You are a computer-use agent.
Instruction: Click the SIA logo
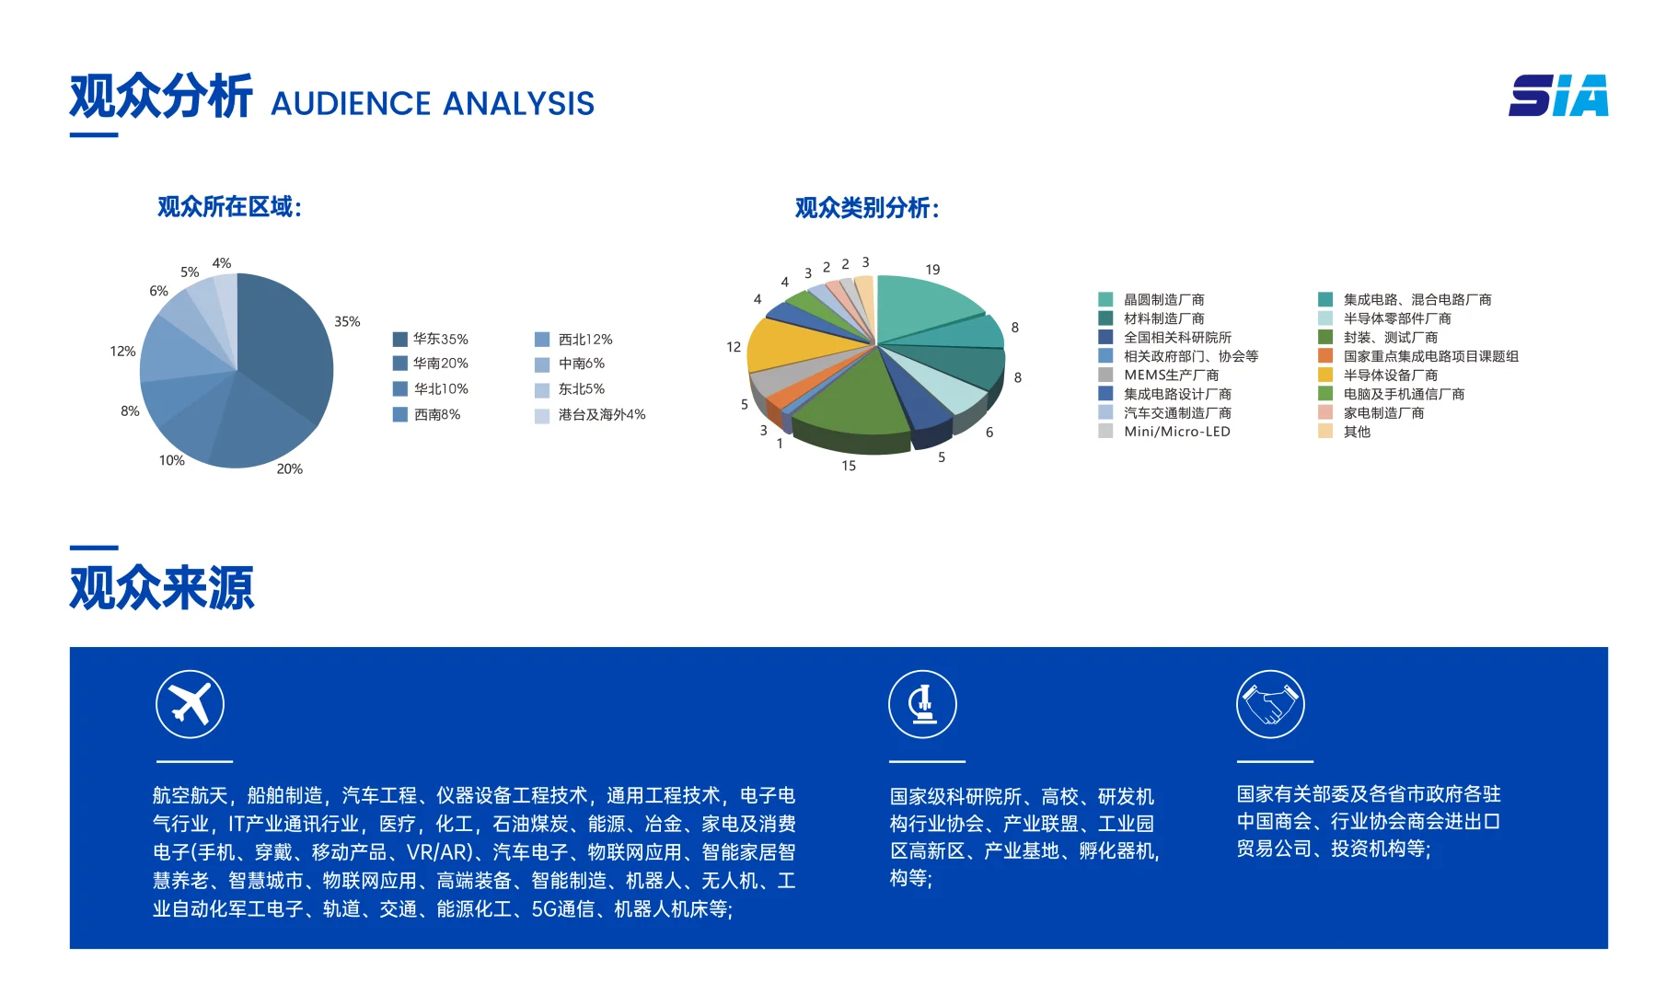click(1557, 96)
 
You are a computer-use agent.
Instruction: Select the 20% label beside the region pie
click(289, 468)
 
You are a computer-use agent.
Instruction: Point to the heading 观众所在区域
click(229, 206)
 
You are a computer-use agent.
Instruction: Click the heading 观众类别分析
click(866, 208)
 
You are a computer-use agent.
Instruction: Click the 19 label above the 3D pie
click(932, 269)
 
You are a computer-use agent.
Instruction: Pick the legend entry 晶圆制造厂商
click(1163, 299)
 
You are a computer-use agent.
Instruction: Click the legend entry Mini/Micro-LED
click(1176, 431)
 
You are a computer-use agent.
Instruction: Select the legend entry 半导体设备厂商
click(1390, 375)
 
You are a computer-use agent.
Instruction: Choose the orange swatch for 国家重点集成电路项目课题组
click(1325, 355)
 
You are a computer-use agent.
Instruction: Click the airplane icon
click(190, 704)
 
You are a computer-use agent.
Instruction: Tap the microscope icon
click(922, 704)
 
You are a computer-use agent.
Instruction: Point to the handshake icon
click(1270, 704)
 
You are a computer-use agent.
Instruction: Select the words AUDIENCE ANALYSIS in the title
click(433, 103)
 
